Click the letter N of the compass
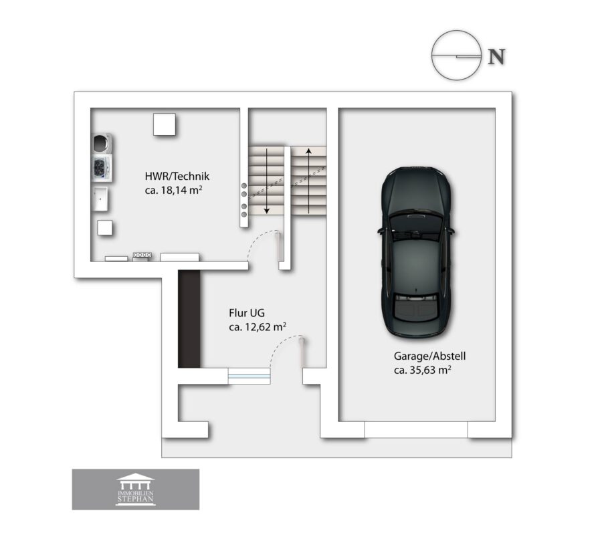point(496,56)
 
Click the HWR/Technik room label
point(177,176)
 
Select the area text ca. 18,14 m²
point(173,190)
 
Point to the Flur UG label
point(246,313)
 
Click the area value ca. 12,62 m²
point(258,327)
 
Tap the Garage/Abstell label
point(429,356)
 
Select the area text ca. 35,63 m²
point(422,370)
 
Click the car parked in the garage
point(416,253)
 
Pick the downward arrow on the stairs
point(266,181)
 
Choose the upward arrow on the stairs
point(308,181)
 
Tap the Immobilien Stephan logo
point(136,489)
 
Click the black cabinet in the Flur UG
point(189,318)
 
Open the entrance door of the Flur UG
point(302,352)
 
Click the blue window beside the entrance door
point(249,376)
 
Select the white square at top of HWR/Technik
point(165,124)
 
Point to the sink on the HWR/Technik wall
point(100,199)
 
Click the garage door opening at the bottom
point(416,430)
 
